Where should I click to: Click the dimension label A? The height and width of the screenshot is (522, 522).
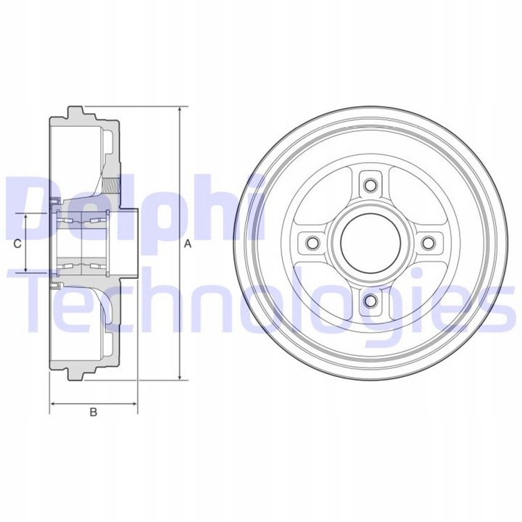click(187, 244)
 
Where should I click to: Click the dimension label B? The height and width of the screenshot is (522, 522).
click(93, 413)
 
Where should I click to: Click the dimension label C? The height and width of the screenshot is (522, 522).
click(17, 244)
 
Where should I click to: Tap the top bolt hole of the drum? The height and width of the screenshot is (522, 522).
click(370, 184)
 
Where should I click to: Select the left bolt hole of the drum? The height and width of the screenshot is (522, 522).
click(312, 242)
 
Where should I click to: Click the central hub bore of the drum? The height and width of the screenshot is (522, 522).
click(370, 242)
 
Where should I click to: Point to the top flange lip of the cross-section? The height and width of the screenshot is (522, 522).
click(74, 112)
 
